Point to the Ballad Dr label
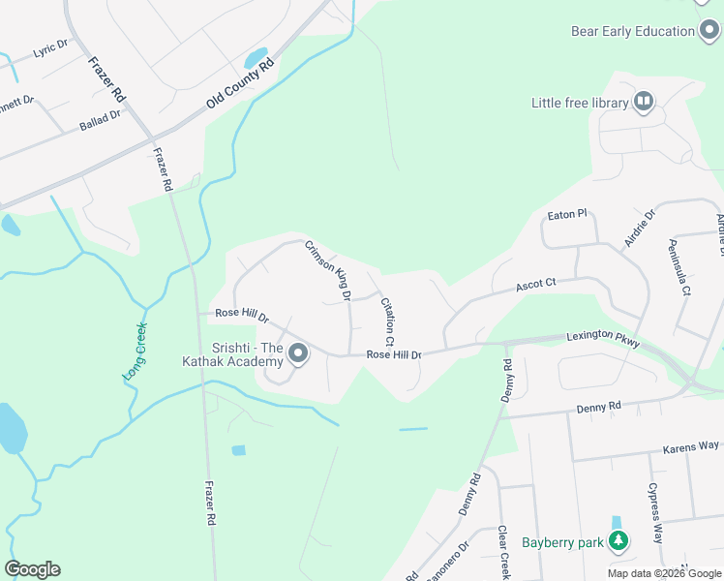pyautogui.click(x=101, y=121)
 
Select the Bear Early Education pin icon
pyautogui.click(x=709, y=31)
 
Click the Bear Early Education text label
pyautogui.click(x=632, y=31)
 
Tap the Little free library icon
pyautogui.click(x=644, y=102)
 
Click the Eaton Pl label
pyautogui.click(x=567, y=213)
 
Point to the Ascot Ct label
pyautogui.click(x=534, y=285)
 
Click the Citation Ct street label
pyautogui.click(x=387, y=321)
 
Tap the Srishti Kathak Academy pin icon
pyautogui.click(x=298, y=354)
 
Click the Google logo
pyautogui.click(x=32, y=569)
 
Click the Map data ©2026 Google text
pyautogui.click(x=664, y=573)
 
